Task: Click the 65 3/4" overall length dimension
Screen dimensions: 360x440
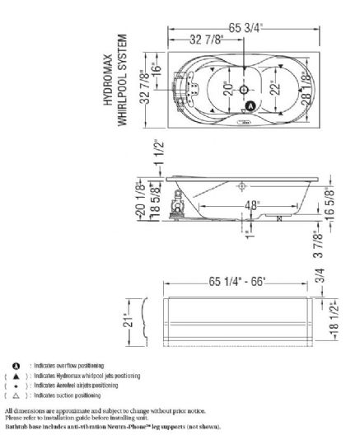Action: pos(245,28)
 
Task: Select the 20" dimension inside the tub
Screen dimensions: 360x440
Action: pos(229,89)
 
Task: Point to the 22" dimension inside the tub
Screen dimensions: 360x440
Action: pos(276,88)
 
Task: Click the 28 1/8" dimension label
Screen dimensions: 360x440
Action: pos(306,89)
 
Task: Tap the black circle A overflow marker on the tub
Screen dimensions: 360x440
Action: pos(250,106)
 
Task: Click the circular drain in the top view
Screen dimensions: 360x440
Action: pos(244,90)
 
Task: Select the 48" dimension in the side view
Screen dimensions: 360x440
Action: pos(251,206)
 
